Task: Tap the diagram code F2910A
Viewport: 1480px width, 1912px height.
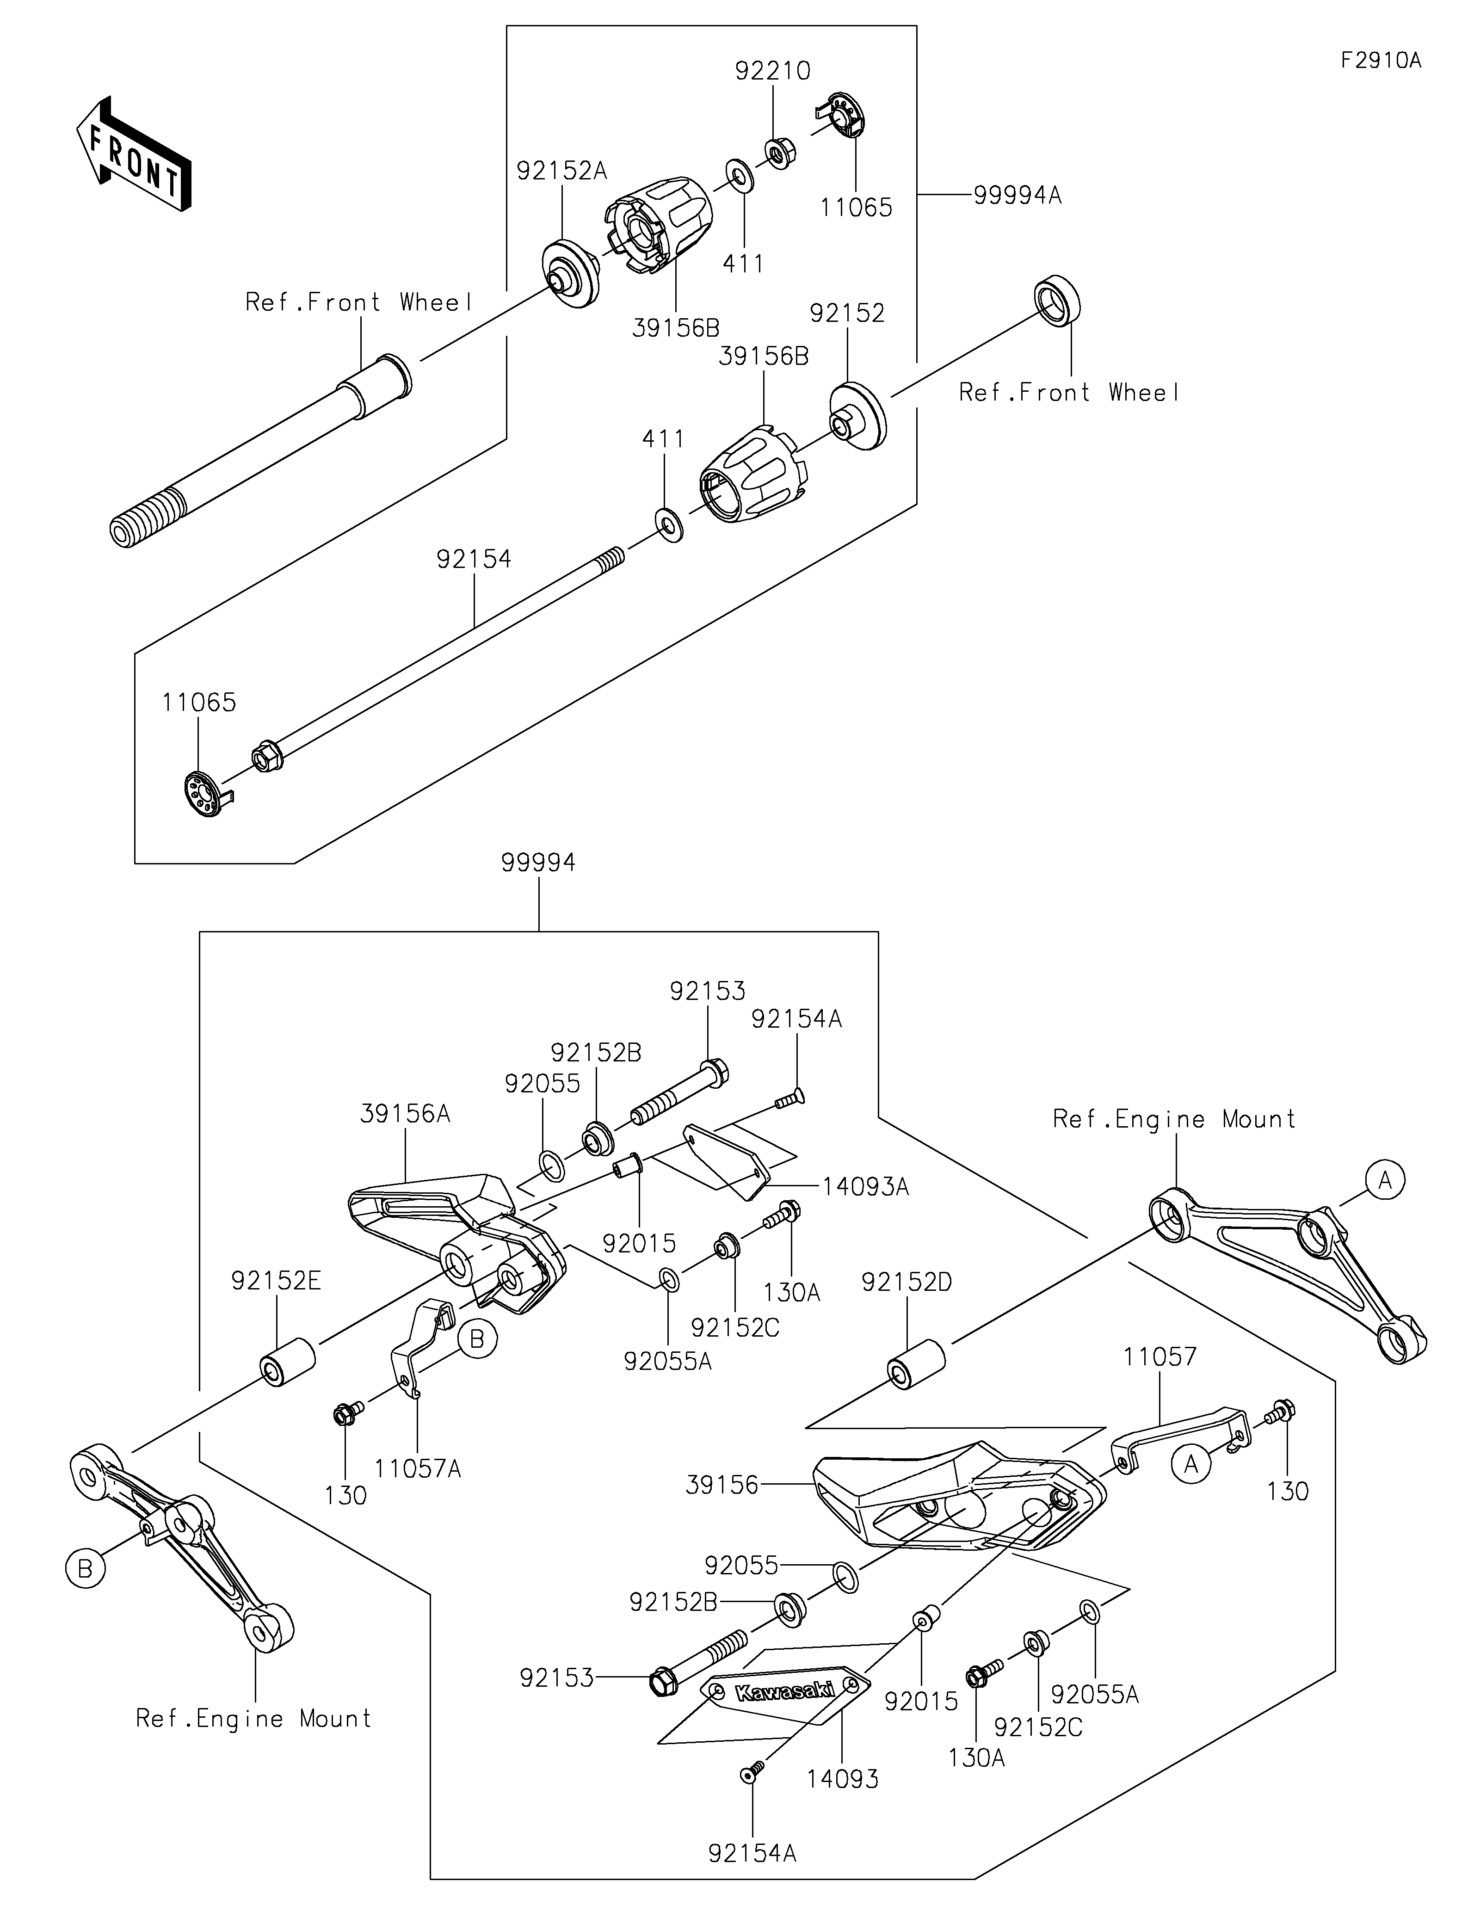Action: pyautogui.click(x=1381, y=61)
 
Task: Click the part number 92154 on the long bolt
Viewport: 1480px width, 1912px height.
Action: pyautogui.click(x=474, y=559)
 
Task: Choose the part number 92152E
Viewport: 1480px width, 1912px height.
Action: pyautogui.click(x=276, y=1282)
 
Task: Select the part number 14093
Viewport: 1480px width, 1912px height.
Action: pyautogui.click(x=843, y=1779)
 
